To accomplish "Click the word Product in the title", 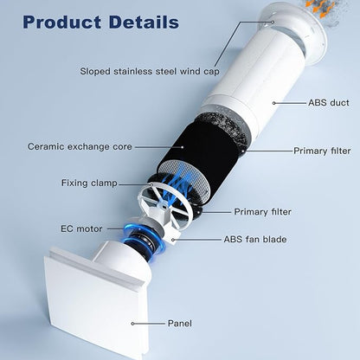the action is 61,22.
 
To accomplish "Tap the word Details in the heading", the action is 144,22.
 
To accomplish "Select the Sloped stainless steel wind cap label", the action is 150,71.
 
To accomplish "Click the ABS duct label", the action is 328,102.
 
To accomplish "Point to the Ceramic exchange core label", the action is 80,146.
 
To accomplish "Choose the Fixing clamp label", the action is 89,183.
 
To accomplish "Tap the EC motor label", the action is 81,228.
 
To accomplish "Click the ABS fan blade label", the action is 255,239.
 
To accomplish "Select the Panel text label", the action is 179,324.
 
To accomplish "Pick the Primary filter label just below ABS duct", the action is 322,151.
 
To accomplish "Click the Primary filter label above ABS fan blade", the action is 262,212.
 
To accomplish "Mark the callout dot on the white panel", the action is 132,324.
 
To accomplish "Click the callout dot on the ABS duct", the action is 273,103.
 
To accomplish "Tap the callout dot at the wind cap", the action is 273,22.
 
